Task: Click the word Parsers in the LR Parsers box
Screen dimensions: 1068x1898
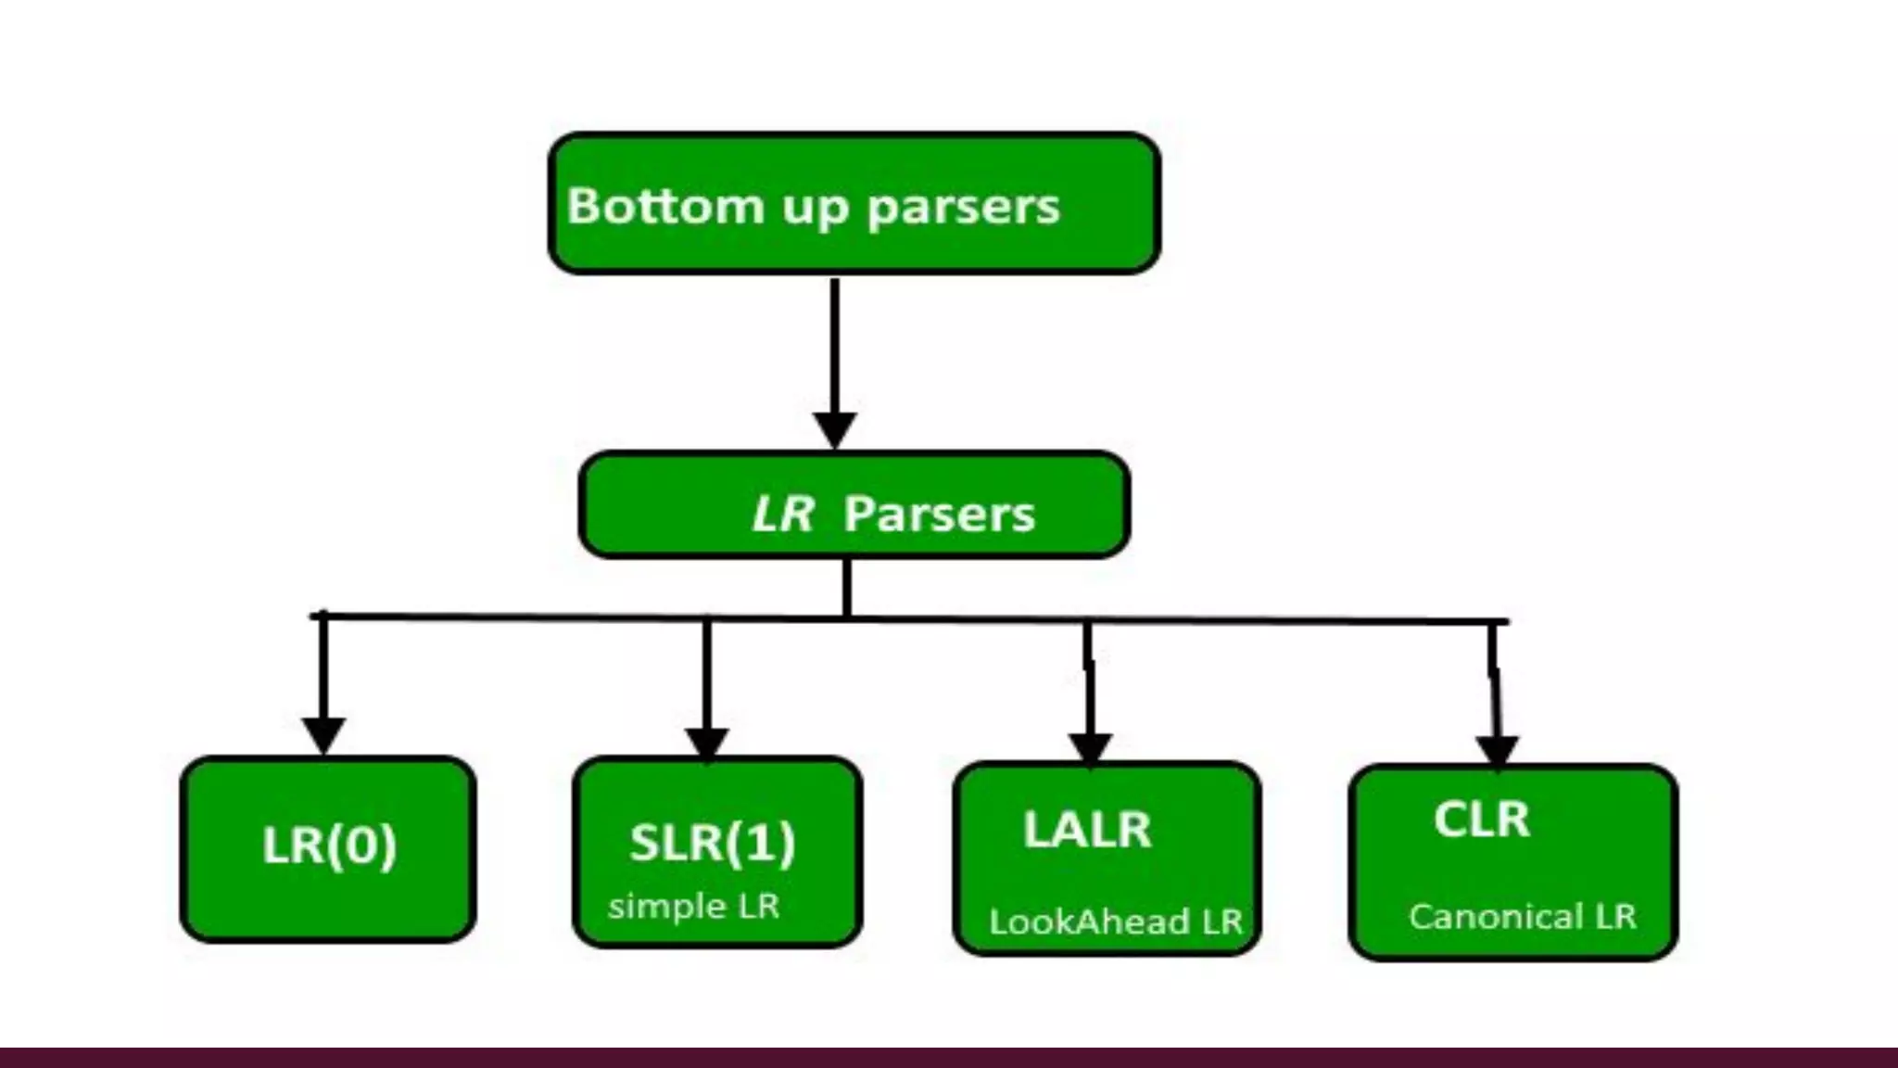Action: (939, 514)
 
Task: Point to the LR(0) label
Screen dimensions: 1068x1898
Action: (329, 845)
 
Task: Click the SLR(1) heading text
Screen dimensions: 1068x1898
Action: (712, 843)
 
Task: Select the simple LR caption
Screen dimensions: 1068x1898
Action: (693, 906)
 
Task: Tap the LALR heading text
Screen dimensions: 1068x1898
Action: (1087, 830)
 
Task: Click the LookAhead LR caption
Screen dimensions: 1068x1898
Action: (1115, 922)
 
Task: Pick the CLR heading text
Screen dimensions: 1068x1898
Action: (1481, 820)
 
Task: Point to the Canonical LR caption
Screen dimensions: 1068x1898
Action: (1522, 917)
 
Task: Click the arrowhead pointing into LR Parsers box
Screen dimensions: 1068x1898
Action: (835, 429)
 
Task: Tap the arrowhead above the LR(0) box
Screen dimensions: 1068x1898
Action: (323, 734)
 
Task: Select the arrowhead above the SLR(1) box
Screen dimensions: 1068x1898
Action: (707, 743)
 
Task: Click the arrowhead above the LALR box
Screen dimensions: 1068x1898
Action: (1090, 748)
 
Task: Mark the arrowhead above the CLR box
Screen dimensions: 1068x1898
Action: (1497, 751)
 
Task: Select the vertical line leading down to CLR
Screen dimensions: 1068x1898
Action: (1494, 677)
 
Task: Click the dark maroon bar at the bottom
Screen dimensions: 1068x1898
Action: (949, 1058)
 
